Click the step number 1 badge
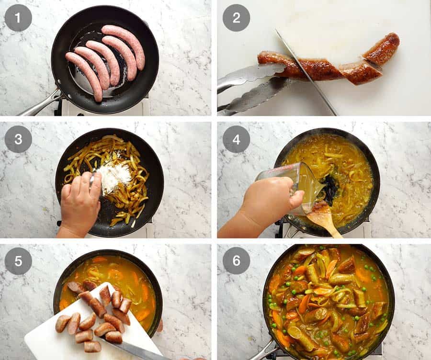click(x=18, y=18)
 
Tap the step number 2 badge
click(x=236, y=18)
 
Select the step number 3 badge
click(x=18, y=139)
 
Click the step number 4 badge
click(x=236, y=139)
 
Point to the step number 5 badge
click(x=18, y=261)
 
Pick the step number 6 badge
click(x=236, y=261)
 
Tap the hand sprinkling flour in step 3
click(x=79, y=201)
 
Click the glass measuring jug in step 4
click(x=285, y=184)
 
